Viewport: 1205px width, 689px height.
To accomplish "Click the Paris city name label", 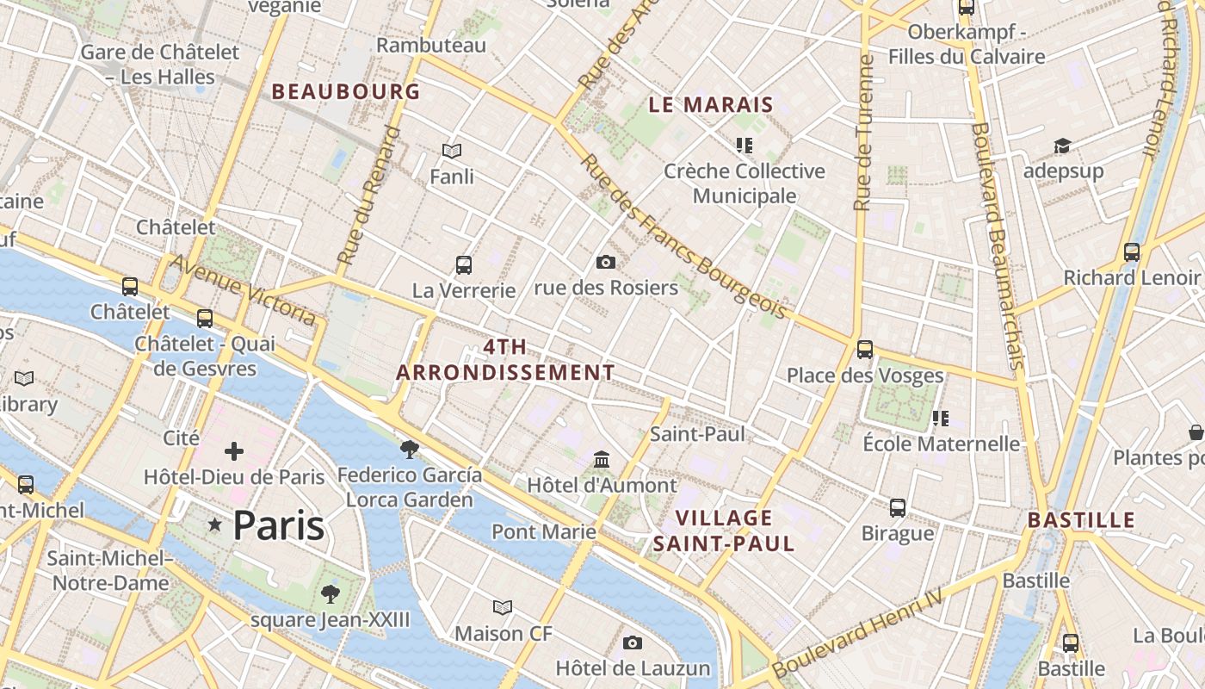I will [279, 525].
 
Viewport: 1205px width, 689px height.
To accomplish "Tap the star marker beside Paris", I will [214, 525].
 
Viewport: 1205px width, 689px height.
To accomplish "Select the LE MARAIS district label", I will [711, 105].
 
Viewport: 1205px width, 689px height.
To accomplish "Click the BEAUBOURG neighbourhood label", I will [346, 91].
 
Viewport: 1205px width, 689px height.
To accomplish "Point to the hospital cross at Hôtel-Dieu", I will [233, 451].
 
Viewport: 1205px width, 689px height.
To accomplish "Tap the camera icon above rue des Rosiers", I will [606, 262].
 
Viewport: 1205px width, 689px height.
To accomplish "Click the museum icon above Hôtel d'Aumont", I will [602, 460].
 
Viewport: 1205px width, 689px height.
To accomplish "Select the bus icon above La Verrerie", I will [464, 264].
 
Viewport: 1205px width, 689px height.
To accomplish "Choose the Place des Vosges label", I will [865, 376].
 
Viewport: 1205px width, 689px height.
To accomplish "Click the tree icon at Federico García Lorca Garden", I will [410, 449].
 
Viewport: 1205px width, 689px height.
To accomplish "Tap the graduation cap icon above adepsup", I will [1062, 146].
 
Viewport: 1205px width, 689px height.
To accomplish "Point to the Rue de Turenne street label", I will [863, 133].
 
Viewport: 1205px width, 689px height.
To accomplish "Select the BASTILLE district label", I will [1081, 519].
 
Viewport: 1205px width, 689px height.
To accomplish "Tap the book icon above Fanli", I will [452, 152].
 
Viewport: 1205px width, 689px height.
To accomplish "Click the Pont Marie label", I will [543, 531].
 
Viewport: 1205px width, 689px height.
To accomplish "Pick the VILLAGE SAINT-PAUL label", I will [723, 531].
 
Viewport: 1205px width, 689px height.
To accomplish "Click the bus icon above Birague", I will [898, 507].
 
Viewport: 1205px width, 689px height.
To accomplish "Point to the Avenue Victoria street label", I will [244, 289].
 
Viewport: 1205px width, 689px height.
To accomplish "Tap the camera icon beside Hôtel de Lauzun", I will [633, 642].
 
